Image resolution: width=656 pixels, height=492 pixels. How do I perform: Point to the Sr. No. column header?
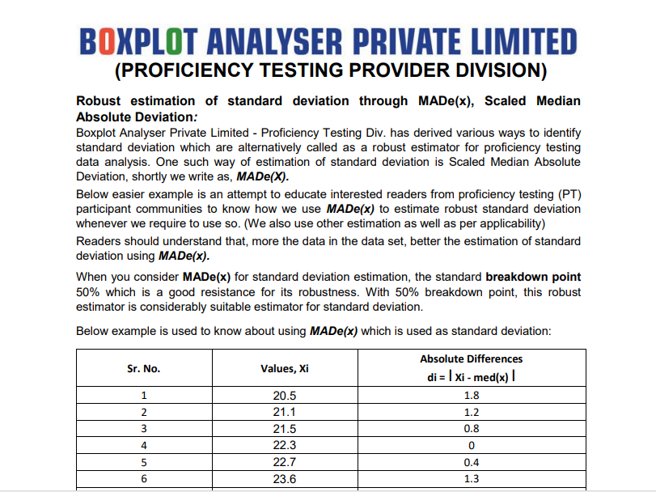pos(144,369)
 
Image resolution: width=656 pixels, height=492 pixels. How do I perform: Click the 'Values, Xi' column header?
pos(285,369)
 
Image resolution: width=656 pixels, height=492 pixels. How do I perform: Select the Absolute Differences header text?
pos(471,358)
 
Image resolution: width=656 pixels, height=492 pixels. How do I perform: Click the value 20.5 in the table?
pos(285,397)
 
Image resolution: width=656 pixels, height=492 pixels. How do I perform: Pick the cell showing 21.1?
pos(285,412)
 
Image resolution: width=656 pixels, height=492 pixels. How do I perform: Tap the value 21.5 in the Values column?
pos(285,428)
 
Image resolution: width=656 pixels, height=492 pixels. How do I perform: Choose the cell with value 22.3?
pos(285,444)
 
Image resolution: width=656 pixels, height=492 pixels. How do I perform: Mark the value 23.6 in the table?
pos(285,477)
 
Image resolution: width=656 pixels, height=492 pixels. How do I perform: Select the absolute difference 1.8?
pos(471,397)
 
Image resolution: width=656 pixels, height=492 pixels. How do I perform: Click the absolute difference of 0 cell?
pos(471,444)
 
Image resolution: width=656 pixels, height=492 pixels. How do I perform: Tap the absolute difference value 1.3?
pos(471,477)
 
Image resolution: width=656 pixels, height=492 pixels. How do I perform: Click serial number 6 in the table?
pos(144,477)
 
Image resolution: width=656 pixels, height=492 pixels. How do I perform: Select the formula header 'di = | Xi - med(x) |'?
pos(471,378)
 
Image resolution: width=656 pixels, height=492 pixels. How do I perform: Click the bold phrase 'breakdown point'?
pos(533,278)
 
